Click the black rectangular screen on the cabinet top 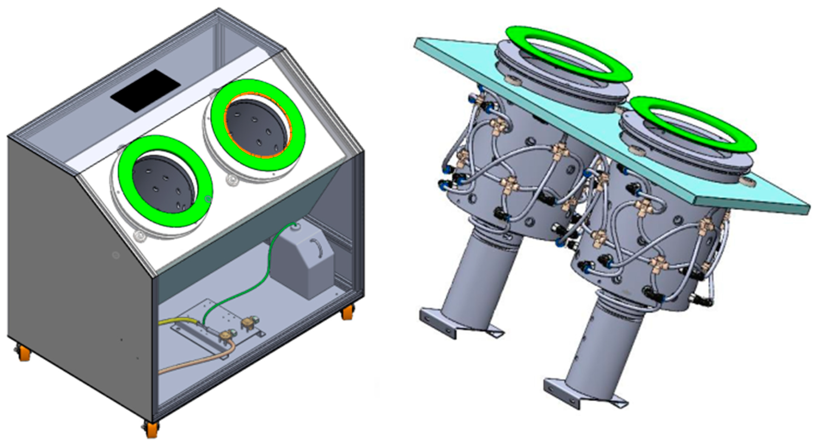[x=145, y=90]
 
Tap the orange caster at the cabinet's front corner [x=152, y=430]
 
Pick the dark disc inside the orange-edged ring [x=256, y=127]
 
